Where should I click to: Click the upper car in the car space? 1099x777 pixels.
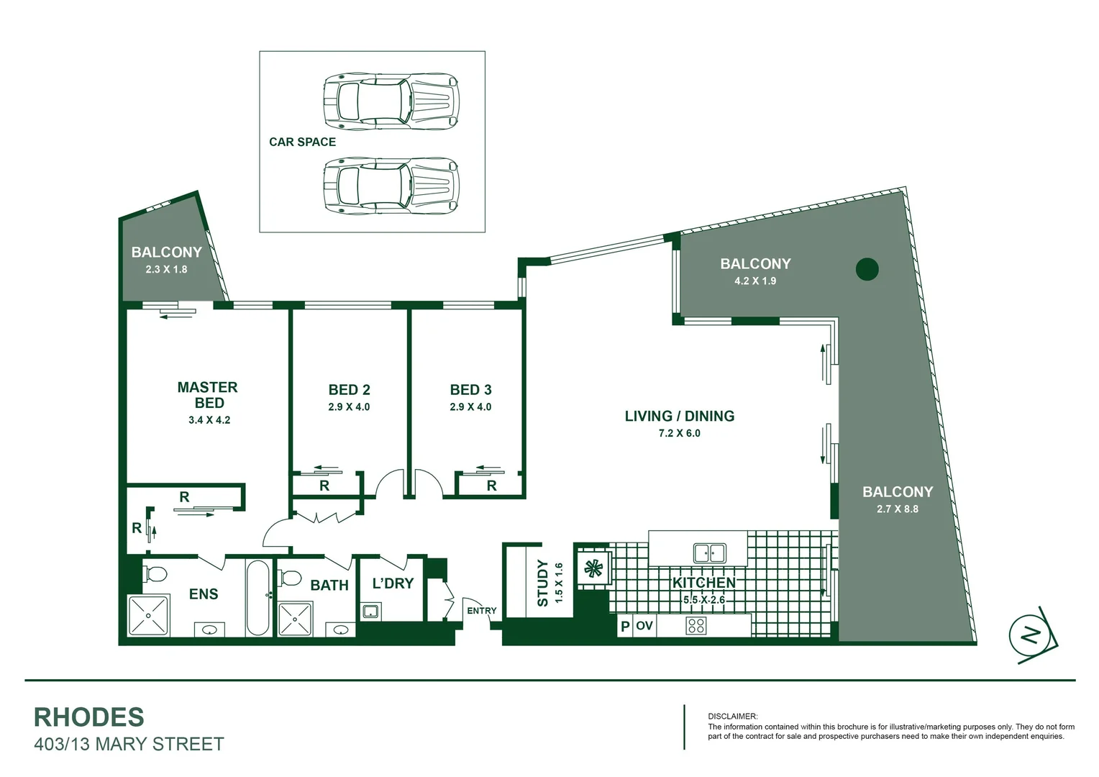(391, 101)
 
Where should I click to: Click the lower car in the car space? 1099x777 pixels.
(391, 187)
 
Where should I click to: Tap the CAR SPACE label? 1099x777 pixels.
(302, 142)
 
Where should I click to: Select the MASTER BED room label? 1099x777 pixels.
(207, 395)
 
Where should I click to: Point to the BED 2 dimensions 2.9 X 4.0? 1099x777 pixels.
(349, 407)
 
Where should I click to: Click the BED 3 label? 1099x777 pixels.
(470, 390)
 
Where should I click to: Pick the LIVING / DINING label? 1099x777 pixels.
(679, 416)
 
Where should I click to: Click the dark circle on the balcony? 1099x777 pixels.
(867, 269)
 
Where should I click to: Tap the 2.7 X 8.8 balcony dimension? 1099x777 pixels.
(897, 509)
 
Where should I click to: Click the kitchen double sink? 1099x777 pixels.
(709, 553)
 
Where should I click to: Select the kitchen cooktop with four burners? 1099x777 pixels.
(696, 625)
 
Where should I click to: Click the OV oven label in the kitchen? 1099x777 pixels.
(644, 626)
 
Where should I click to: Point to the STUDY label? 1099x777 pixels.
(543, 583)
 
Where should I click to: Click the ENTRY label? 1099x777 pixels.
(481, 611)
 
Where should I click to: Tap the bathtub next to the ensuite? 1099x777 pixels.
(258, 597)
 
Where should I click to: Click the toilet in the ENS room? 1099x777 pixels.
(155, 574)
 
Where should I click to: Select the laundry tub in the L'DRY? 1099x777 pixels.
(370, 612)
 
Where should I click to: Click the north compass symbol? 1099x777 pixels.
(1032, 635)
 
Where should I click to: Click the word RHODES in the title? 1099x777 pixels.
(89, 717)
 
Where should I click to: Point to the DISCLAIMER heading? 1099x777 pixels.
(732, 717)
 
